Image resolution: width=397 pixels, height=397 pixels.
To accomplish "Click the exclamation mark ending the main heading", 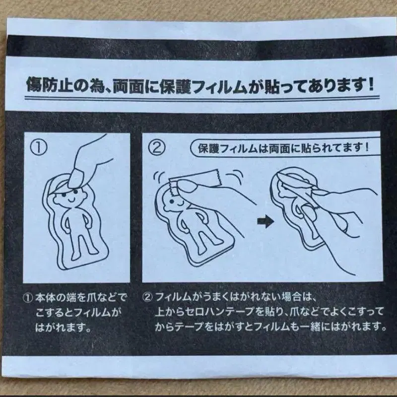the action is [x=371, y=84].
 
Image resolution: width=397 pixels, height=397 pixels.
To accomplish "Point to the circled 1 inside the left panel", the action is [x=39, y=147].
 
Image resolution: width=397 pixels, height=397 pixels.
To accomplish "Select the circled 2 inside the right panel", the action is [x=157, y=147].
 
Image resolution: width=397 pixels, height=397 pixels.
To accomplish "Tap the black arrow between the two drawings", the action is [x=265, y=221].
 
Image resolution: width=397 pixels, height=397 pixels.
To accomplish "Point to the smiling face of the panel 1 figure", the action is [x=69, y=198].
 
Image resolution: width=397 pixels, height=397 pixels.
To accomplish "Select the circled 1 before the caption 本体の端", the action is [x=28, y=298].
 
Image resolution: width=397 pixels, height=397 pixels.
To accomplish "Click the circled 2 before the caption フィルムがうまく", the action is [x=147, y=297].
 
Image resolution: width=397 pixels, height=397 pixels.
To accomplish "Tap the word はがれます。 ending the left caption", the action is [x=64, y=328].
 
